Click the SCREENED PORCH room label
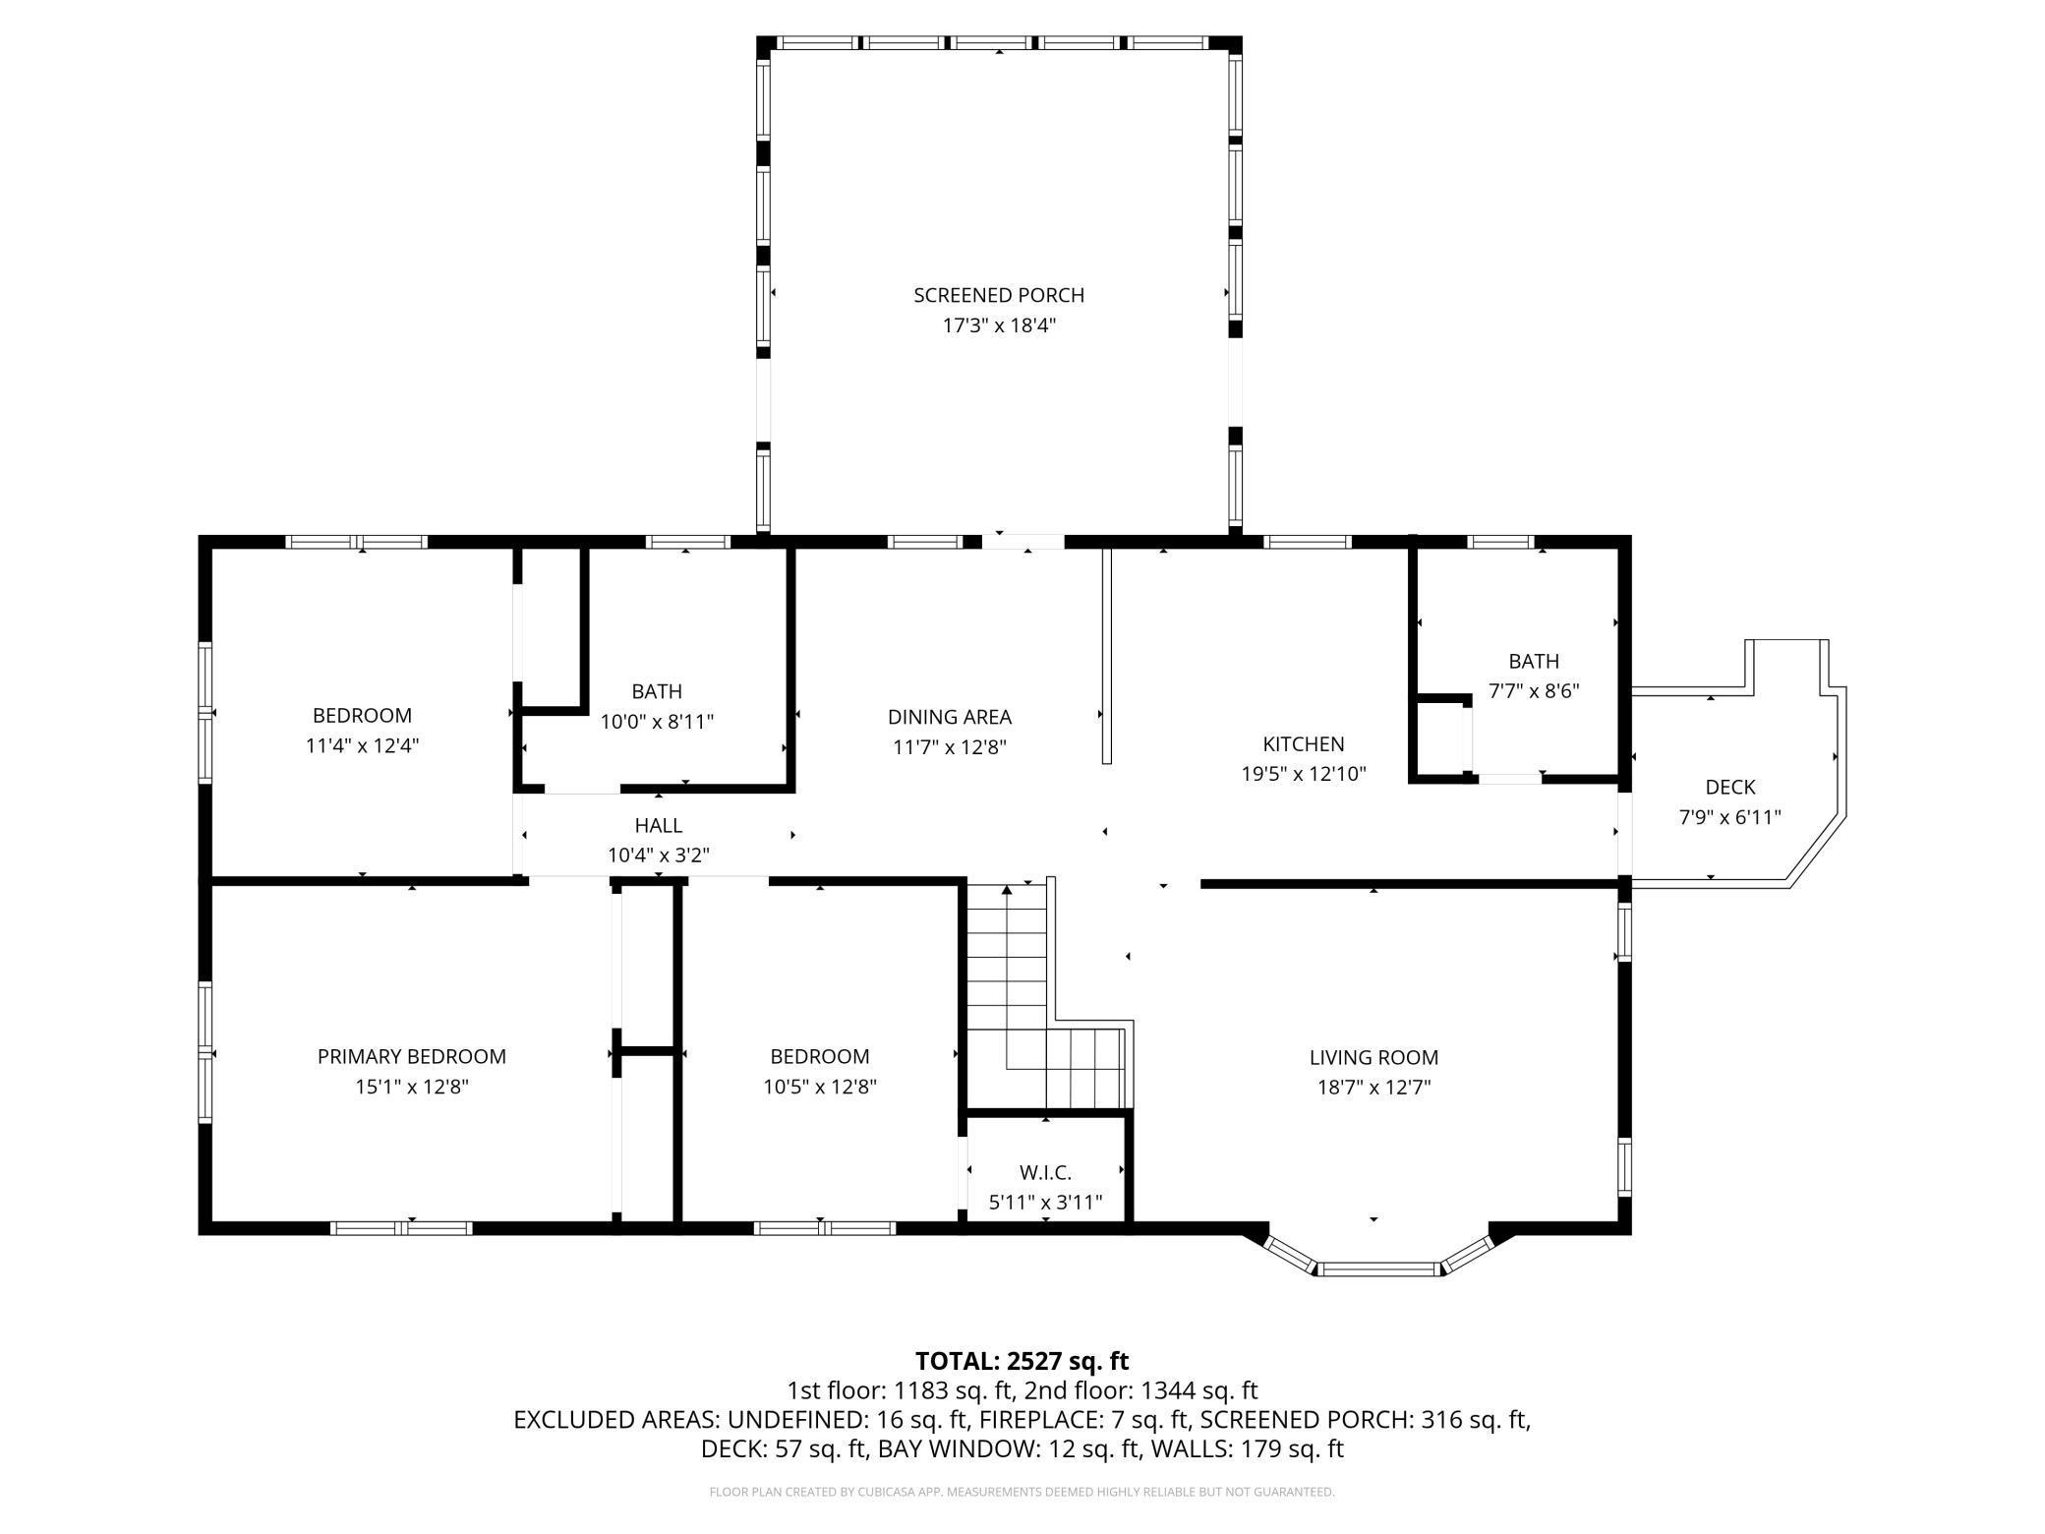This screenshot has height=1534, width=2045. pyautogui.click(x=999, y=295)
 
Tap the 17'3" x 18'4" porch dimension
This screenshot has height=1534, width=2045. pyautogui.click(x=999, y=325)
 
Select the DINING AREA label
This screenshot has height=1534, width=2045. pyautogui.click(x=950, y=717)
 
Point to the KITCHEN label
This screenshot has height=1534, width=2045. pyautogui.click(x=1304, y=743)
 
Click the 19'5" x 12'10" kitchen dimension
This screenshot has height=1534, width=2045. pyautogui.click(x=1304, y=774)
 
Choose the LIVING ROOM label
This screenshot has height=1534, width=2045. pyautogui.click(x=1373, y=1057)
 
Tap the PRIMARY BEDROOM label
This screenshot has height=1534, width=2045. pyautogui.click(x=412, y=1056)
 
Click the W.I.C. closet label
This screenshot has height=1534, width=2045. pyautogui.click(x=1045, y=1172)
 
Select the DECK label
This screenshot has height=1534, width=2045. pyautogui.click(x=1730, y=787)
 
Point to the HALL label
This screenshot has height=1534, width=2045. pyautogui.click(x=659, y=825)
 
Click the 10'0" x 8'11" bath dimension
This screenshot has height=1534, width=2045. pyautogui.click(x=657, y=722)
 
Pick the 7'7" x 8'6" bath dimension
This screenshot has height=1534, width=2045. pyautogui.click(x=1534, y=691)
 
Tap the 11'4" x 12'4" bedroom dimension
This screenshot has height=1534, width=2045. pyautogui.click(x=362, y=745)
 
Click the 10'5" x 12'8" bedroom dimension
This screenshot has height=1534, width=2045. pyautogui.click(x=820, y=1087)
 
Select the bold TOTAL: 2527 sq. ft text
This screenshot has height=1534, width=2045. pyautogui.click(x=1022, y=1361)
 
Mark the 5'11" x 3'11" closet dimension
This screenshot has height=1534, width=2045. pyautogui.click(x=1045, y=1202)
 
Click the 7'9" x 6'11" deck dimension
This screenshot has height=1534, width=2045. pyautogui.click(x=1730, y=817)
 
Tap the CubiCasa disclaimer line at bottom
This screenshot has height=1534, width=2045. pyautogui.click(x=1022, y=1492)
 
